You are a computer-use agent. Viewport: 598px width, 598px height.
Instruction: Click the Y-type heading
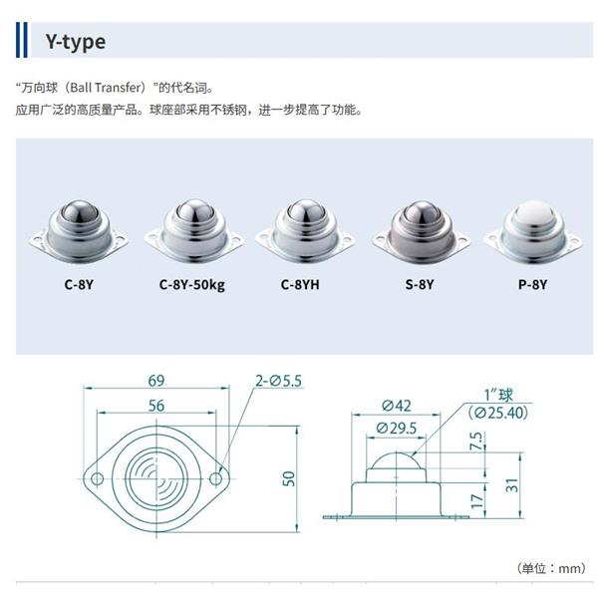pyautogui.click(x=75, y=43)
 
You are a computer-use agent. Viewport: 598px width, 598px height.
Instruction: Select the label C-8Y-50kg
pyautogui.click(x=192, y=283)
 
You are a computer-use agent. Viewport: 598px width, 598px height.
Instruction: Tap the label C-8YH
pyautogui.click(x=303, y=283)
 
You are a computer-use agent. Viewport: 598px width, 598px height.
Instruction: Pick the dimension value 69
pyautogui.click(x=155, y=381)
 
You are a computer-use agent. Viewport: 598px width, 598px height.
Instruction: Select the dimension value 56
pyautogui.click(x=155, y=406)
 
